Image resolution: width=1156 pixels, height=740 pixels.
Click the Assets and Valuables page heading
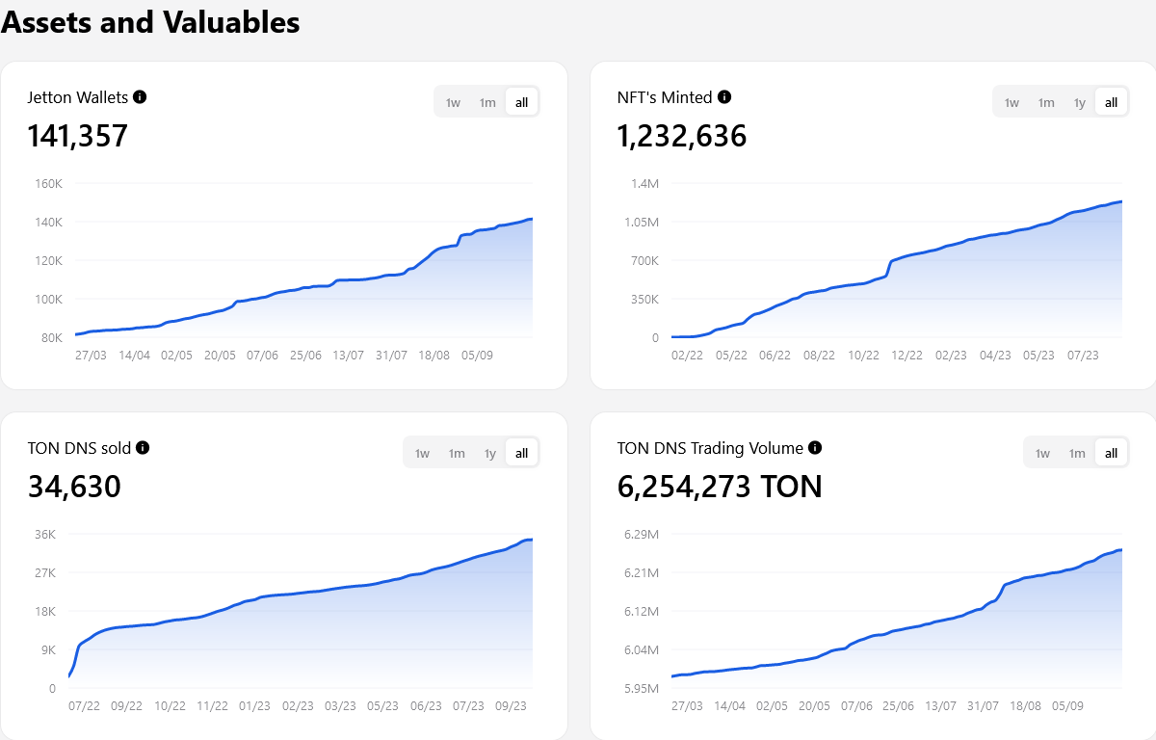coord(150,22)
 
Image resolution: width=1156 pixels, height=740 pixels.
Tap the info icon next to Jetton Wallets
coord(140,96)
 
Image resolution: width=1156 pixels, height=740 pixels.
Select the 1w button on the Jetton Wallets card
coord(453,102)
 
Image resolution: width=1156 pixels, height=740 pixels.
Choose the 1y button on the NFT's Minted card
coord(1079,102)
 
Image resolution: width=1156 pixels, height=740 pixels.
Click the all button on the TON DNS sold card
coord(521,453)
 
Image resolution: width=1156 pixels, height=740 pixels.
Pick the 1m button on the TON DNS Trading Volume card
coord(1077,453)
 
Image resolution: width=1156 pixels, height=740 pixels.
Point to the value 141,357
coord(77,136)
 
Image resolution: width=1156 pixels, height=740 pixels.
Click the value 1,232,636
coord(681,136)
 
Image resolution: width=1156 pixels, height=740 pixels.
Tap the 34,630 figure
coord(74,487)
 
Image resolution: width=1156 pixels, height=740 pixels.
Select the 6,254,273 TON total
coord(719,487)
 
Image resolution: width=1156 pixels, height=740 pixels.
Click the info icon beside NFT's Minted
coord(724,96)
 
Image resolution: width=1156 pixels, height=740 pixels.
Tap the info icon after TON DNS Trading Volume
coord(815,447)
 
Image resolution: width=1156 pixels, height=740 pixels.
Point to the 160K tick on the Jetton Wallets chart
coord(49,183)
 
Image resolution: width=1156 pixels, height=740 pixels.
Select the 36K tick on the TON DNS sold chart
coord(44,534)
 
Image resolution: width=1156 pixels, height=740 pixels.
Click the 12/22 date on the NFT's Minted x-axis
coord(906,355)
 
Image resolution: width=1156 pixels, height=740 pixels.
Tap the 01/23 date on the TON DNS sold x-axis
coord(254,705)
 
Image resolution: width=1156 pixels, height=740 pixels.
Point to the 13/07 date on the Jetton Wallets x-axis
coord(348,355)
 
